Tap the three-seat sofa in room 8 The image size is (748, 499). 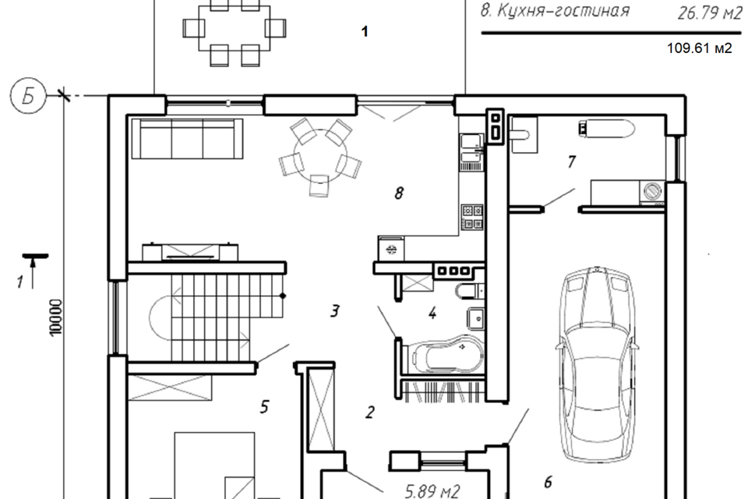pos(188,139)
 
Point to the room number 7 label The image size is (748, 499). pos(571,162)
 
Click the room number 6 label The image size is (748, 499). pos(548,483)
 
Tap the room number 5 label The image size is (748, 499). pos(265,407)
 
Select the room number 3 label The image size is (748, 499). pos(335,311)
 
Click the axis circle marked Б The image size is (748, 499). pos(28,97)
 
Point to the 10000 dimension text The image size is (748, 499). pos(56,317)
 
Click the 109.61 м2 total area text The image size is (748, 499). pos(699,48)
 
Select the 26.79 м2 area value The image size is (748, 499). pos(709,12)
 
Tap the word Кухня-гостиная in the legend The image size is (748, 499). pos(563,10)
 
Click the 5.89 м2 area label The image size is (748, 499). pos(432,490)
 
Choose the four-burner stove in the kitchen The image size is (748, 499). pos(472,217)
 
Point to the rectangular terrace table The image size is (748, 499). pos(235,28)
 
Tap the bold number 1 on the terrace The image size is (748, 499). pos(365,32)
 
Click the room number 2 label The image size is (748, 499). pos(369,412)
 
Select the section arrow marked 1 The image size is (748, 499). pos(33,271)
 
